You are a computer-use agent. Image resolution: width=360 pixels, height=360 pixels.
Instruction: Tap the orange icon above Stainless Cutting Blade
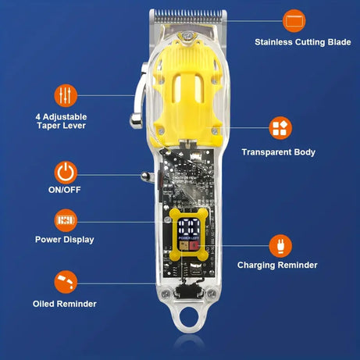tap(294, 19)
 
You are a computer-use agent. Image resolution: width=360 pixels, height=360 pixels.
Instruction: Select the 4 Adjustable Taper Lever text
tap(60, 120)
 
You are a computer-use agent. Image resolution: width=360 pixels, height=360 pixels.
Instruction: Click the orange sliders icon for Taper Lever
tap(66, 95)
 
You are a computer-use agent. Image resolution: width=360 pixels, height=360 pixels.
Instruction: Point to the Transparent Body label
tap(278, 152)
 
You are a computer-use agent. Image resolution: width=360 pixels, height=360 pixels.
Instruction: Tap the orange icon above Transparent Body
tap(280, 127)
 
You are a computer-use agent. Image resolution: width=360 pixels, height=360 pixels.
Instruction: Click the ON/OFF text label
tap(66, 189)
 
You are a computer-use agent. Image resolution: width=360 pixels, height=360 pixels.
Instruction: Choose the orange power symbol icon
tap(66, 171)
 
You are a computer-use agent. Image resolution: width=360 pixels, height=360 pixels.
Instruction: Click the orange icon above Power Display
tap(66, 219)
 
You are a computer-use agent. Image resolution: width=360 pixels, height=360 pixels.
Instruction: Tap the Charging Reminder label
tap(277, 265)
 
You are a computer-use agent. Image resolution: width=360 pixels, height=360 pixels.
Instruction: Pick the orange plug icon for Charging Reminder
tap(280, 245)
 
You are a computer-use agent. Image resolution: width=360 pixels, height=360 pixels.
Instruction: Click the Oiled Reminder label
tap(65, 303)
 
